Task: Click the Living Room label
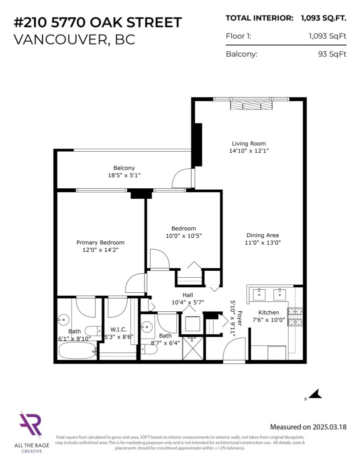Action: click(x=248, y=143)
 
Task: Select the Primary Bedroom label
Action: click(x=100, y=242)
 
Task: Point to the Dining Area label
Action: click(x=262, y=235)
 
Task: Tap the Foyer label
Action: click(x=239, y=319)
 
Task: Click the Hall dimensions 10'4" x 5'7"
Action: click(x=187, y=302)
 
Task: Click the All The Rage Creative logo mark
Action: click(x=30, y=425)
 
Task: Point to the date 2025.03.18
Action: click(x=327, y=427)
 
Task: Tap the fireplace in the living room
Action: click(x=248, y=106)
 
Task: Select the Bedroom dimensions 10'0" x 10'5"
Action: click(x=183, y=235)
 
